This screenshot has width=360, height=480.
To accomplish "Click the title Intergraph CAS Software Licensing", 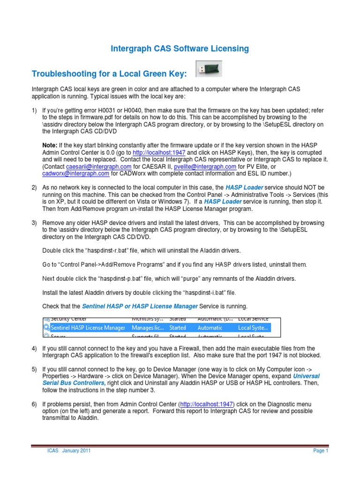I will (180, 48).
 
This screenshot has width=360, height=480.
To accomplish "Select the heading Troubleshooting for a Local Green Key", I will (109, 74).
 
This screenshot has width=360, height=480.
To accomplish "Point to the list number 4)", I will (34, 349).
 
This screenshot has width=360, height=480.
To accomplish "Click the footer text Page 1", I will (321, 451).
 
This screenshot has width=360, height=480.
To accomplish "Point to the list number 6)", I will (34, 405).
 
